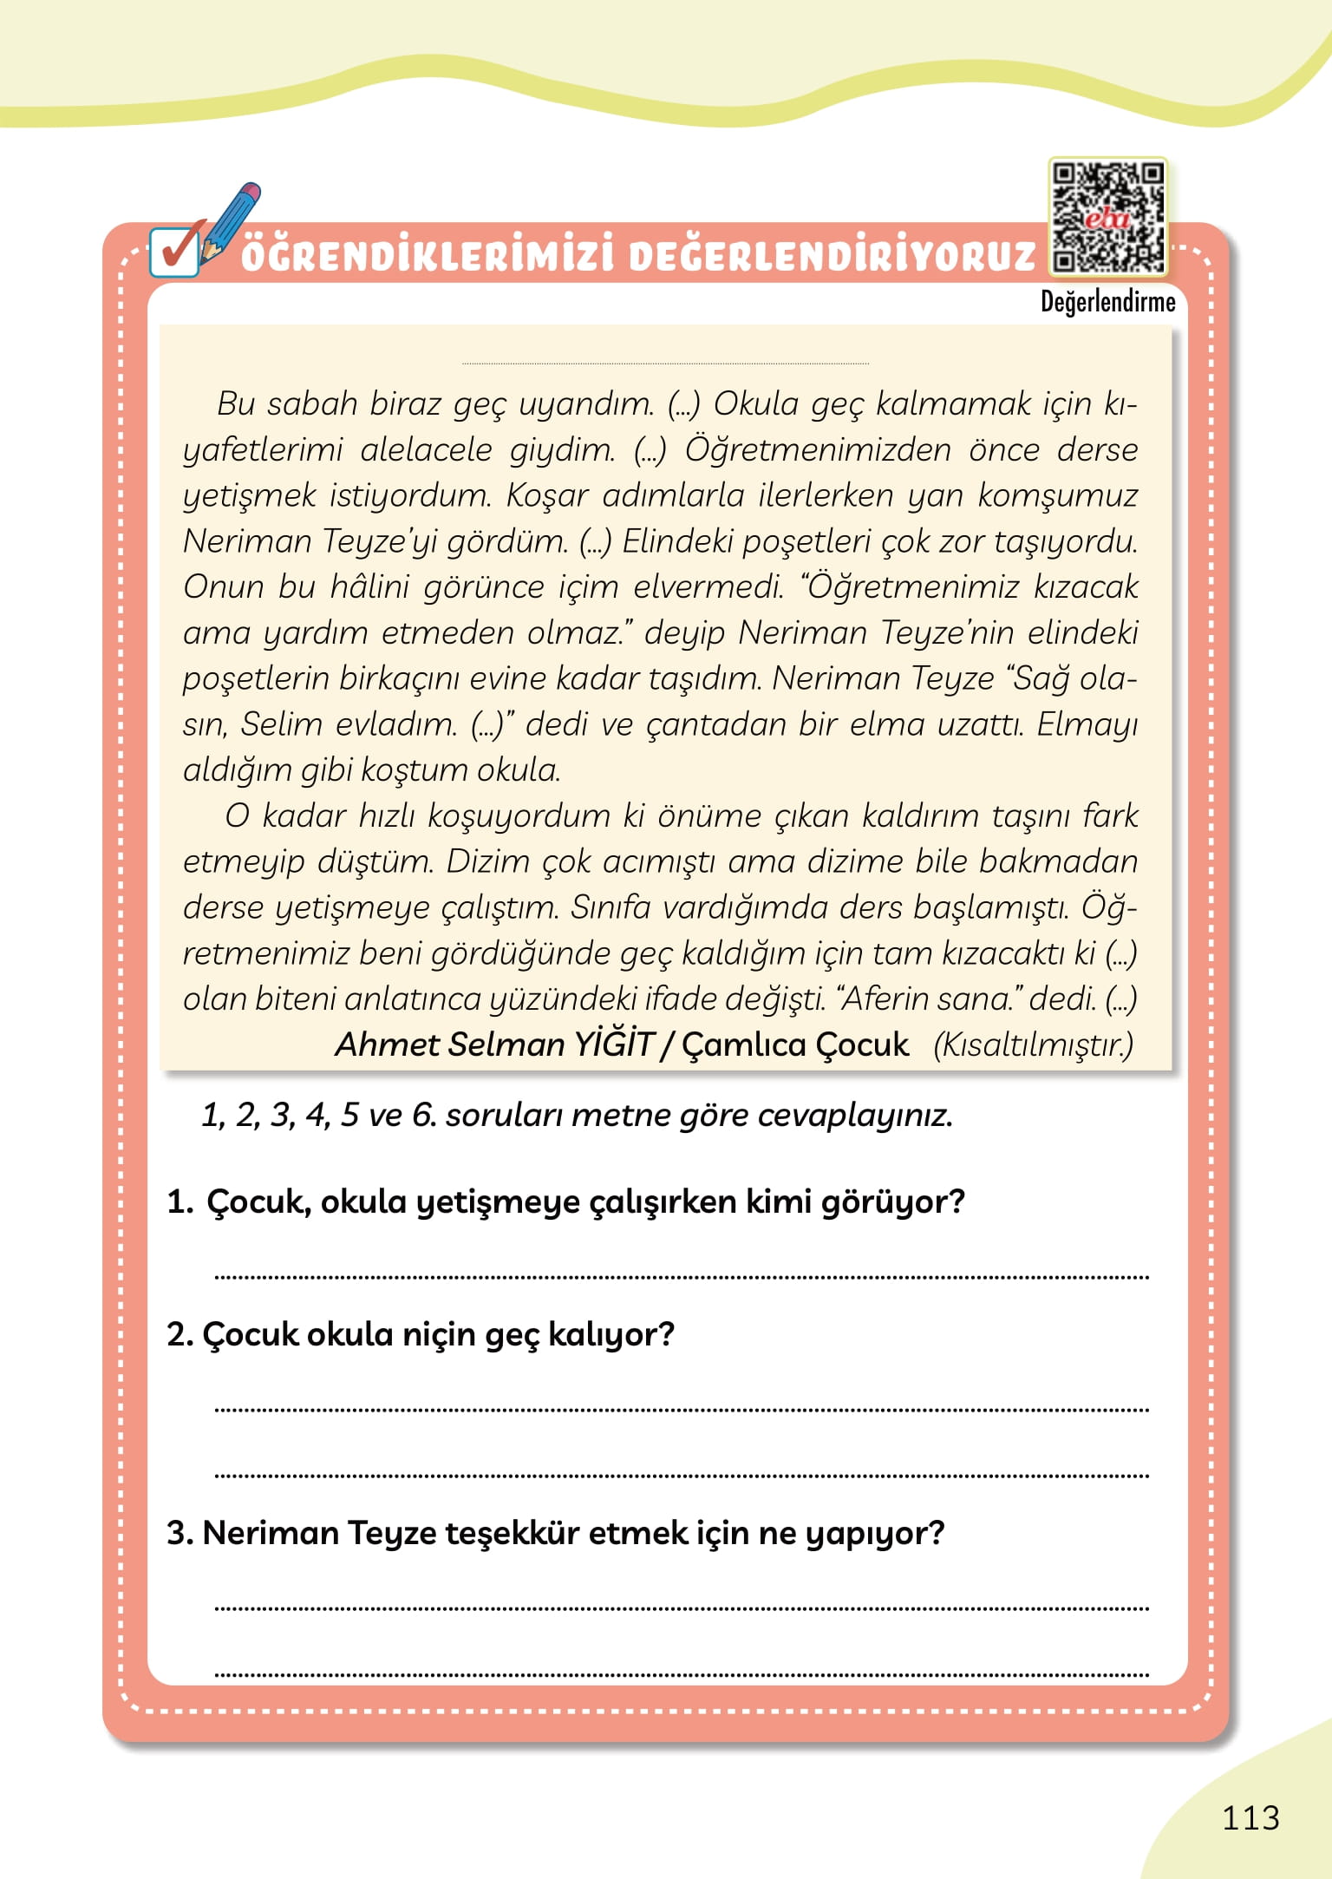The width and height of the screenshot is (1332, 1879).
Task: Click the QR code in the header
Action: click(1107, 217)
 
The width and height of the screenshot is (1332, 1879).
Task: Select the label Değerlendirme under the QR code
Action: click(1107, 303)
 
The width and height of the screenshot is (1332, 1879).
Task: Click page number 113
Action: click(1250, 1817)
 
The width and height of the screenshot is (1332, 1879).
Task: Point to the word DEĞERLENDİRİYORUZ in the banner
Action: click(832, 257)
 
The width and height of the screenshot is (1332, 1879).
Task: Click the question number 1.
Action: click(179, 1202)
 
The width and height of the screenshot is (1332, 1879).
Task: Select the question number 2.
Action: click(179, 1334)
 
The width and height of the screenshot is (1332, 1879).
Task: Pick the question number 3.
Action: click(179, 1533)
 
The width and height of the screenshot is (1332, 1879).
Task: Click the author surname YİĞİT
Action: click(612, 1044)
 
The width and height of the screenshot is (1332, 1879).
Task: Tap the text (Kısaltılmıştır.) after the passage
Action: click(1033, 1044)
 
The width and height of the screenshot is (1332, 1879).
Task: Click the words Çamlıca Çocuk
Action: click(795, 1044)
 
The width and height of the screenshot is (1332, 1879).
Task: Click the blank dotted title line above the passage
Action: click(665, 363)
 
